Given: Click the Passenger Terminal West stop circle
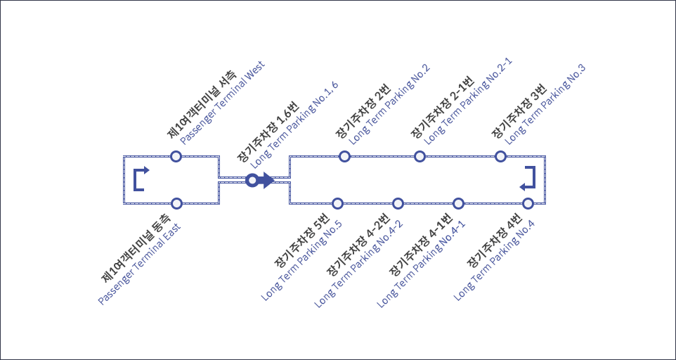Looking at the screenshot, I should pyautogui.click(x=176, y=156).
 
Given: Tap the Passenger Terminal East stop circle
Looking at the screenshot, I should pyautogui.click(x=176, y=203).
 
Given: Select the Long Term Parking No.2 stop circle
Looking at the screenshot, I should pyautogui.click(x=344, y=156).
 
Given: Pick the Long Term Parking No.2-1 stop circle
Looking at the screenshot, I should pyautogui.click(x=420, y=156).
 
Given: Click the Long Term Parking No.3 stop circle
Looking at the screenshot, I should pyautogui.click(x=500, y=156).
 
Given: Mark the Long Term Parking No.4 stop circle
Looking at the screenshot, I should pyautogui.click(x=528, y=203).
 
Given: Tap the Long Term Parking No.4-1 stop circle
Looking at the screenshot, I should pyautogui.click(x=459, y=203).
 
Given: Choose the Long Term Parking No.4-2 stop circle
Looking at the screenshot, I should pyautogui.click(x=398, y=203).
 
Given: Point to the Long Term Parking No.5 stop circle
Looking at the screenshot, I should pyautogui.click(x=337, y=203).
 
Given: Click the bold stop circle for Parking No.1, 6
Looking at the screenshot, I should pyautogui.click(x=252, y=181).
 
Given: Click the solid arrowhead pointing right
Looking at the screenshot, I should pyautogui.click(x=267, y=181).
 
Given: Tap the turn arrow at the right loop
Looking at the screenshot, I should pyautogui.click(x=528, y=179).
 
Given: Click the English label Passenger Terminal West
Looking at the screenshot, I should pyautogui.click(x=222, y=107).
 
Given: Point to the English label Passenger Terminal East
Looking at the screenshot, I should pyautogui.click(x=139, y=264).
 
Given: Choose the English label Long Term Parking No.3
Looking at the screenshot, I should pyautogui.click(x=545, y=104).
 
